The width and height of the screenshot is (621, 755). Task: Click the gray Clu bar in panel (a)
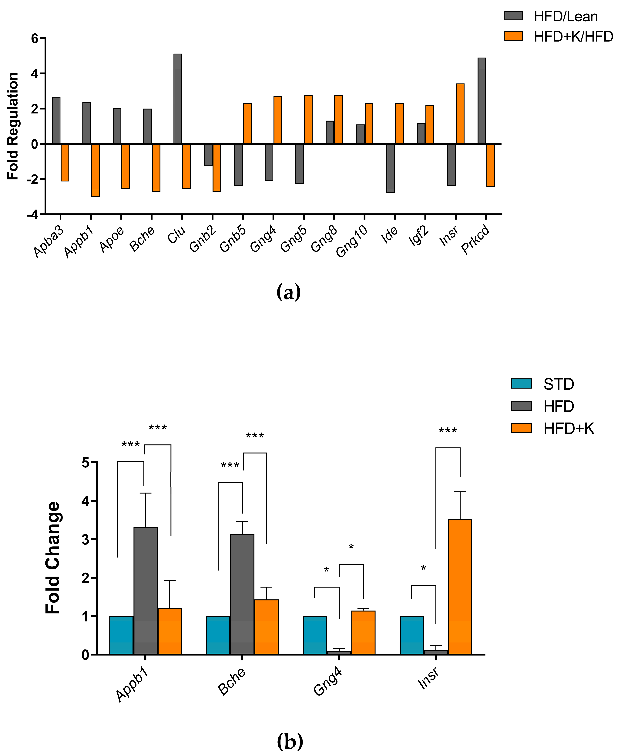(x=178, y=99)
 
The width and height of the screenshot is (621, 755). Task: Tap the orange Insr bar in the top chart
(x=460, y=114)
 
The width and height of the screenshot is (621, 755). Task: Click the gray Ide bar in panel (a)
(x=391, y=168)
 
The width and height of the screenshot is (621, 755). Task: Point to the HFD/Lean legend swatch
(x=513, y=16)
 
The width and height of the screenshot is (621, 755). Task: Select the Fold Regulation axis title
(x=13, y=126)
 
